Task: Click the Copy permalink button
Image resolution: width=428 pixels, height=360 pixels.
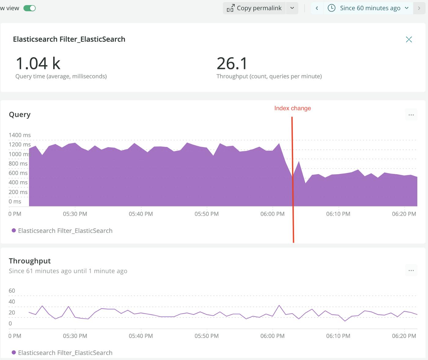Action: [254, 8]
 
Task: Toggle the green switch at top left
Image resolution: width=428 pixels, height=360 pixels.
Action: [30, 8]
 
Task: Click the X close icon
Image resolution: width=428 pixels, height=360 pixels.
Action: [409, 39]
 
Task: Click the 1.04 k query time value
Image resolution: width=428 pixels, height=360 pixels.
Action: [38, 64]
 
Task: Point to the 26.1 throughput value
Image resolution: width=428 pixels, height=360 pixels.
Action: [232, 64]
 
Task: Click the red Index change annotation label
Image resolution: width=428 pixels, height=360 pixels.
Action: [293, 108]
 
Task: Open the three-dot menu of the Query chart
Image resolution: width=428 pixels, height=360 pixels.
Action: [411, 115]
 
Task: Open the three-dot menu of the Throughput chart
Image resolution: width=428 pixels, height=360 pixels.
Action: [411, 270]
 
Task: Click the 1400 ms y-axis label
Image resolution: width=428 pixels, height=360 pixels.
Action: [20, 135]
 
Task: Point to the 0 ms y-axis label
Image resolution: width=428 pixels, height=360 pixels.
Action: [15, 201]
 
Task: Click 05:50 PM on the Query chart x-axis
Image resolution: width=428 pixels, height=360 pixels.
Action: [207, 214]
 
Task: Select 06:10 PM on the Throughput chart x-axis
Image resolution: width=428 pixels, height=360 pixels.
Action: [338, 336]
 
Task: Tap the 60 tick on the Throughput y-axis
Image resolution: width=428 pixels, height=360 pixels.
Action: [12, 291]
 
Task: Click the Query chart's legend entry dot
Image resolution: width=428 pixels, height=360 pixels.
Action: [14, 230]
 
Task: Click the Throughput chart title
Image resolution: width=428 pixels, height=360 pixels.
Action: [30, 261]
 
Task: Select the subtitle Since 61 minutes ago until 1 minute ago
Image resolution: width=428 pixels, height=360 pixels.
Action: [68, 271]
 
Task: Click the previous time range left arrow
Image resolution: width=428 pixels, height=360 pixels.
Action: [317, 8]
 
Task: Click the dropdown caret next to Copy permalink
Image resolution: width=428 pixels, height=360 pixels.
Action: [292, 8]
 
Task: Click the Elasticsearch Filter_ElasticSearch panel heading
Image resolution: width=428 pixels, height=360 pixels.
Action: [69, 39]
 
